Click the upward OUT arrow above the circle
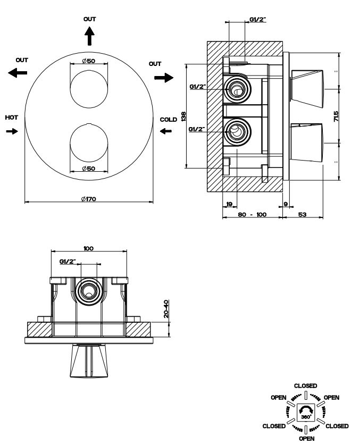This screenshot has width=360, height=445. [x=89, y=36]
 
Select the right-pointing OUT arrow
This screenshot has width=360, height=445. [x=164, y=78]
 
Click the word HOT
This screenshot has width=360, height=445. [x=11, y=117]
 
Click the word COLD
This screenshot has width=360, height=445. [x=168, y=120]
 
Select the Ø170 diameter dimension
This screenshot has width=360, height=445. [x=89, y=199]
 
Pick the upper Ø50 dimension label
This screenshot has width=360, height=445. [x=89, y=61]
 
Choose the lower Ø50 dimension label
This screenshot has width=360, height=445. [x=89, y=169]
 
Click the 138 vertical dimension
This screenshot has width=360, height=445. [x=183, y=116]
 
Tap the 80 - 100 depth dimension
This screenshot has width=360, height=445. [x=252, y=214]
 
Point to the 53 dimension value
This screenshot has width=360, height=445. [x=302, y=214]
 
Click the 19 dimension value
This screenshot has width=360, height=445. [x=229, y=204]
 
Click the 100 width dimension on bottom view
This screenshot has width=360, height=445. [x=89, y=248]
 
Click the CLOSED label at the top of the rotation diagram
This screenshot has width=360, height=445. [x=305, y=385]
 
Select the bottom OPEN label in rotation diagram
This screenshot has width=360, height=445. [x=305, y=439]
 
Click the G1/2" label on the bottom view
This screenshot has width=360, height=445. [x=68, y=262]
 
